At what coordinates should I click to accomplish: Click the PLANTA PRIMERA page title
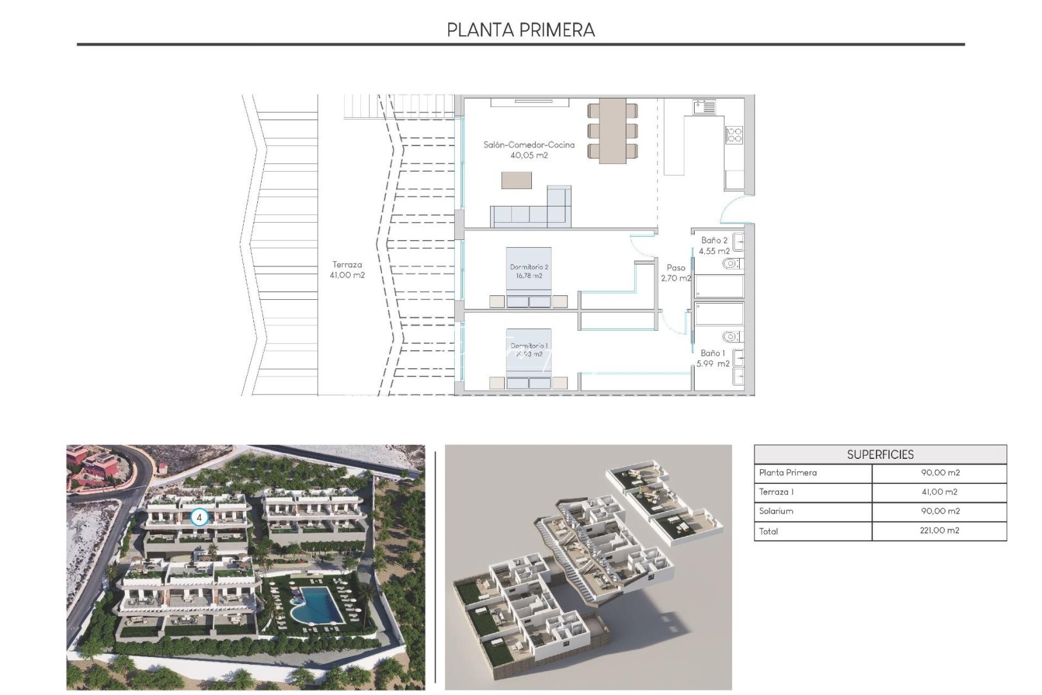(x=520, y=30)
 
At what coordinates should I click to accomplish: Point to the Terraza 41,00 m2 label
(x=347, y=270)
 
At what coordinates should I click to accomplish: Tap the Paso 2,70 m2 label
(x=675, y=273)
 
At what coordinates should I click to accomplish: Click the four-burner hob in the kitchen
(x=734, y=134)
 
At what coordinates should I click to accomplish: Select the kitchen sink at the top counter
(x=705, y=107)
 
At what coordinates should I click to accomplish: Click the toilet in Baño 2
(x=731, y=264)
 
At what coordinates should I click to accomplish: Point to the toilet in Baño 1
(x=731, y=337)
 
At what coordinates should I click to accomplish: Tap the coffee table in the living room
(x=516, y=180)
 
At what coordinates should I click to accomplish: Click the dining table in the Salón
(x=612, y=131)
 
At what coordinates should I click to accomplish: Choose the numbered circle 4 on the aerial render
(x=199, y=517)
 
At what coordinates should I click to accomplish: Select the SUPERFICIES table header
(x=880, y=454)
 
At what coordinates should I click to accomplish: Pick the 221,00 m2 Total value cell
(x=939, y=531)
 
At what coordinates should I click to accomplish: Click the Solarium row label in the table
(x=776, y=511)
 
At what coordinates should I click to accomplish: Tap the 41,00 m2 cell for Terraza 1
(x=939, y=492)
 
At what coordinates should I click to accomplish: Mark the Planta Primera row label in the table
(x=788, y=472)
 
